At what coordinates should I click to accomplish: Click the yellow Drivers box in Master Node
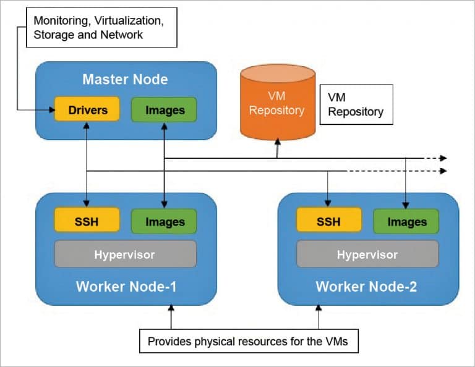[87, 110]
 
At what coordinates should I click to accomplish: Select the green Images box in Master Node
[164, 110]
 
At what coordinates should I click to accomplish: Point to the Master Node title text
[126, 79]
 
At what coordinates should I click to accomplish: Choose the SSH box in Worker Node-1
[87, 221]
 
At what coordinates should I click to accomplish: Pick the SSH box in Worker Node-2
[329, 221]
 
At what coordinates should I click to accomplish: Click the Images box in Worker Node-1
[164, 221]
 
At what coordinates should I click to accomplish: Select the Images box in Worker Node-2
[406, 221]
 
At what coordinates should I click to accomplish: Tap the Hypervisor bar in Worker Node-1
[125, 254]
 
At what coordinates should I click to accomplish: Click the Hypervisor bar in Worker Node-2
[367, 254]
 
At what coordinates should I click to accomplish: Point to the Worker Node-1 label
[126, 287]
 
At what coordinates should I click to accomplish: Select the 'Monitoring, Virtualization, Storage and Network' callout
[98, 28]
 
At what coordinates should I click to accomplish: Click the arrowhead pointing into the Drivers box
[51, 111]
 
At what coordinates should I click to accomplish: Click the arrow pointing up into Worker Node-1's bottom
[171, 307]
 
